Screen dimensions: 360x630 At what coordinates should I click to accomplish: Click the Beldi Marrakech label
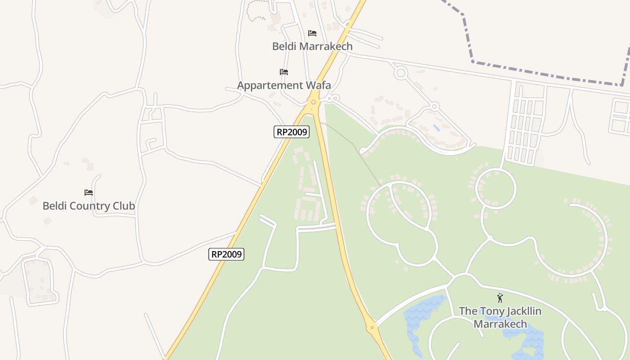coord(312,46)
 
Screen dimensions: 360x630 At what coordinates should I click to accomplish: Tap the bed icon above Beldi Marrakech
coord(312,33)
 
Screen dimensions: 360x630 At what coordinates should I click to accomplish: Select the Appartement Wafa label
coord(284,85)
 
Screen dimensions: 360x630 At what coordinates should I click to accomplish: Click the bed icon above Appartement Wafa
coord(283,72)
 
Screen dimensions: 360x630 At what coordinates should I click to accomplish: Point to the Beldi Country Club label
coord(89,206)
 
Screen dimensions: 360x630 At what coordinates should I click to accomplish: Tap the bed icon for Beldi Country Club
coord(89,193)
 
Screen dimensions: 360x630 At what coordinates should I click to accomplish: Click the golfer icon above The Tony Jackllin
coord(499,298)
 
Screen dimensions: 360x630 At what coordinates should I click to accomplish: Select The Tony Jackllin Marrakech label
coord(500,317)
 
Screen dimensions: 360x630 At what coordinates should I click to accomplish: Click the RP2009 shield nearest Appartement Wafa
coord(292,132)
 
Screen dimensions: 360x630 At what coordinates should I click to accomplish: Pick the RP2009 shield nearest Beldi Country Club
coord(227,254)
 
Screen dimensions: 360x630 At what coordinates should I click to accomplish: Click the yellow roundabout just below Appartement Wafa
coord(313,102)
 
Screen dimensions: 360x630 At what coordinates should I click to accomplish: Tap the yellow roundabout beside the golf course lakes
coord(372,328)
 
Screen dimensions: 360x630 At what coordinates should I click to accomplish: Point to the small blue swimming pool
coord(436,128)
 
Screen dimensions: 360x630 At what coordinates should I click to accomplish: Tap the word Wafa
coord(317,85)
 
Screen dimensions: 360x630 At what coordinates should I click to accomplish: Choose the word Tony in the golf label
coord(486,311)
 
